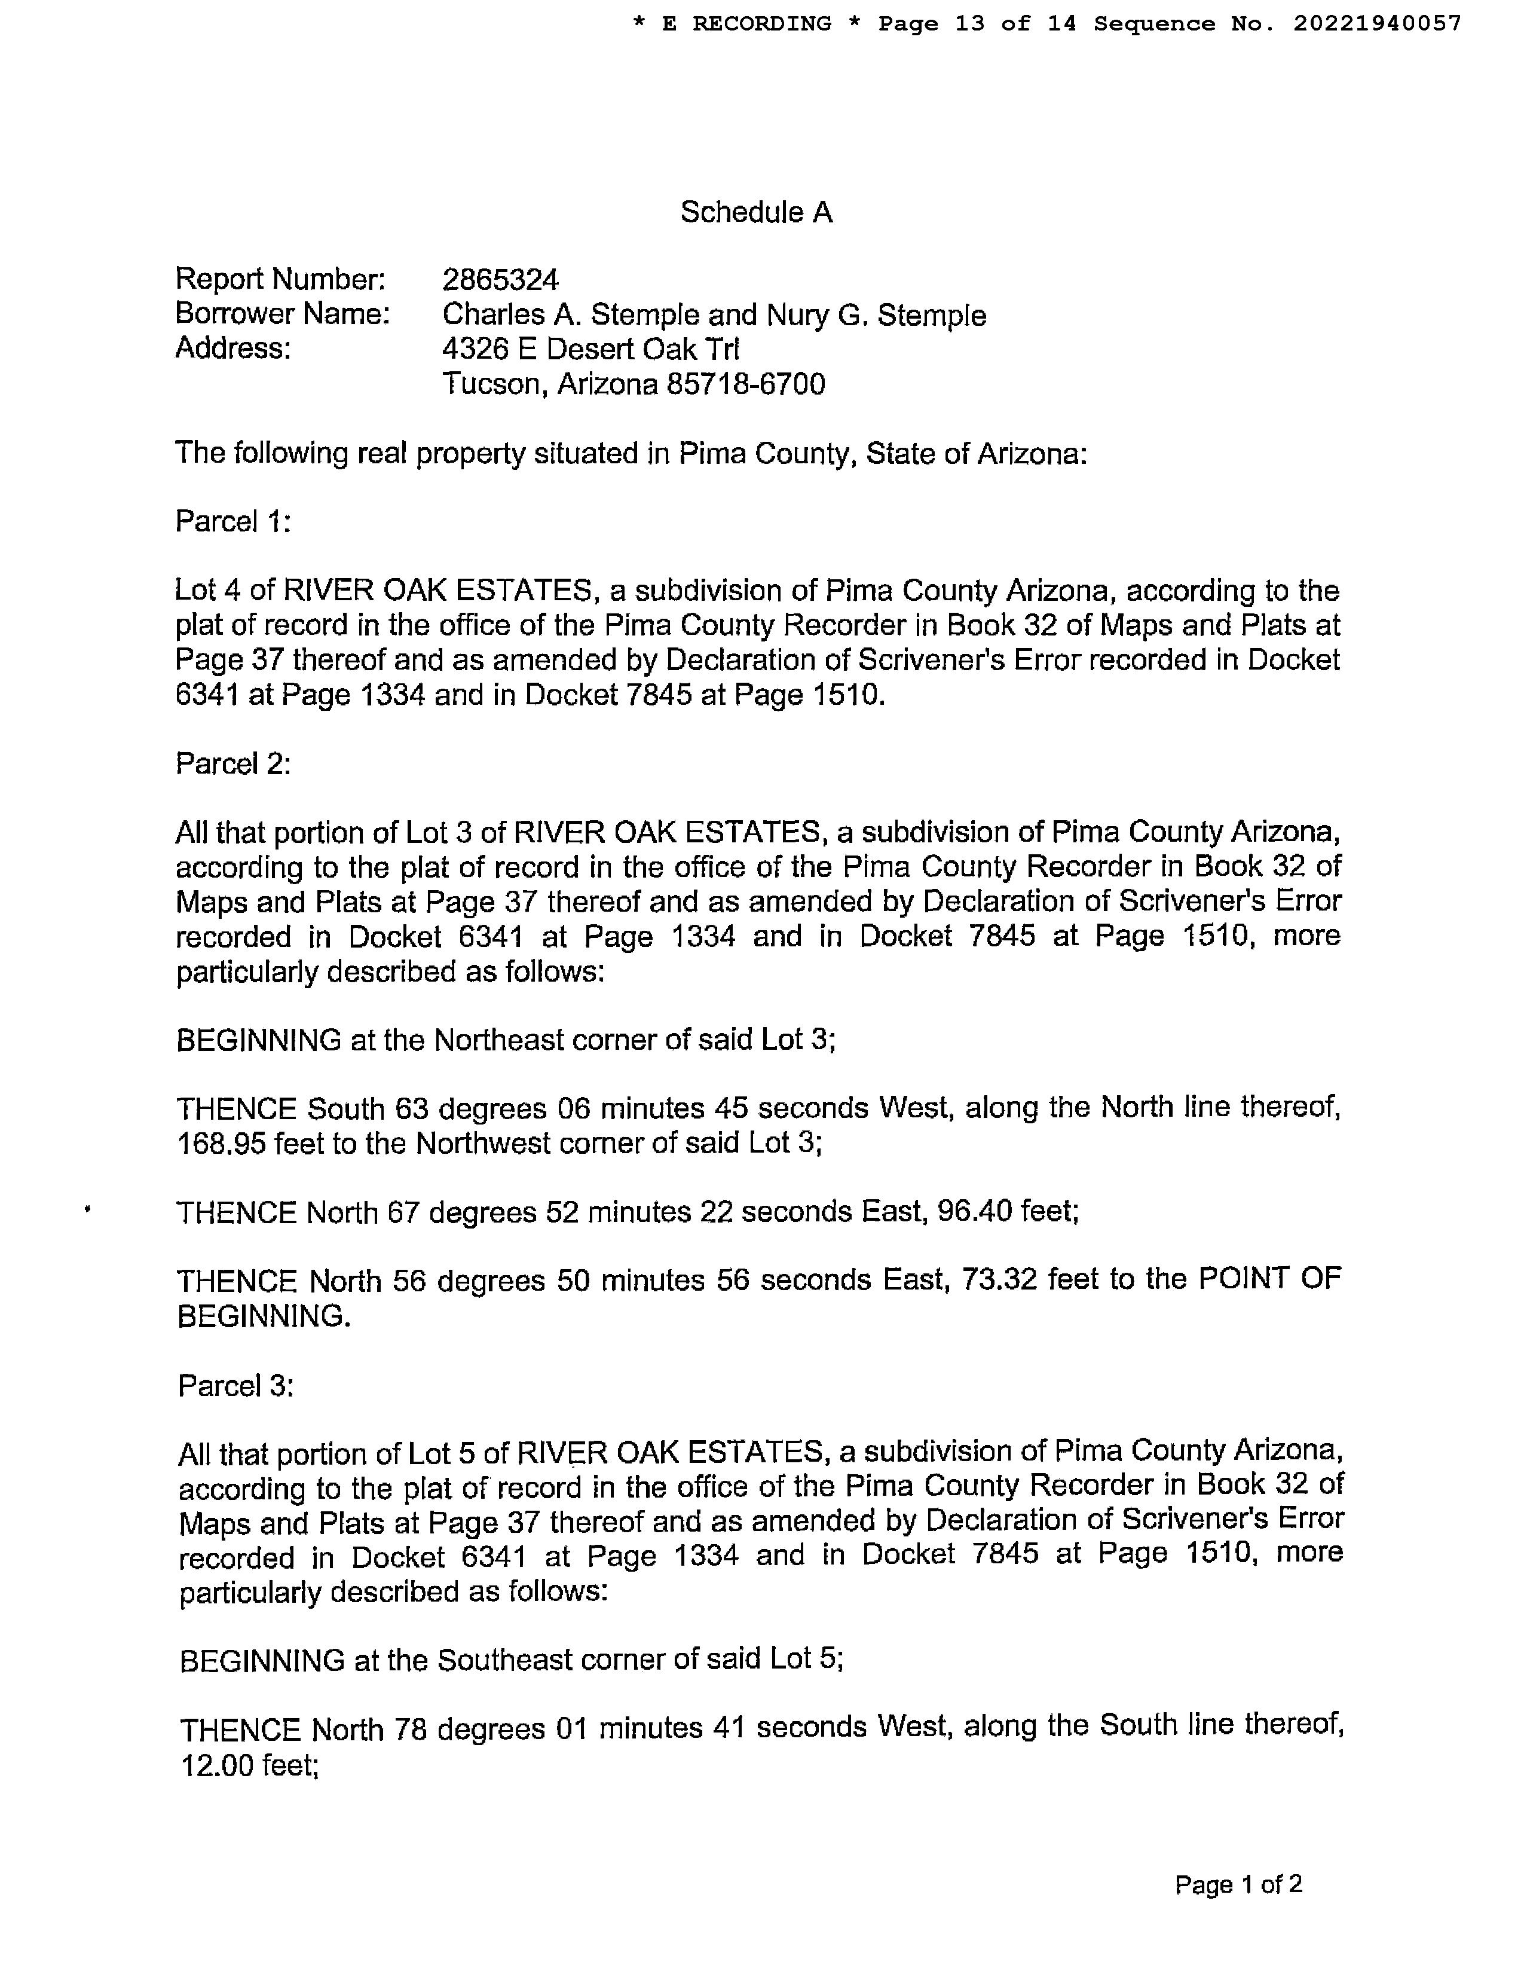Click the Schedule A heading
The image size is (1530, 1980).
click(x=756, y=212)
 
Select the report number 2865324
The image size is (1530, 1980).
click(x=500, y=279)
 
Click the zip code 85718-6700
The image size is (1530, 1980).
click(x=746, y=384)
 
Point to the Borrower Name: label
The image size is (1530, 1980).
click(x=282, y=314)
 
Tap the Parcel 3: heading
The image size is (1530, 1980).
click(x=235, y=1385)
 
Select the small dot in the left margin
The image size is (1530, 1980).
click(x=87, y=1208)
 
